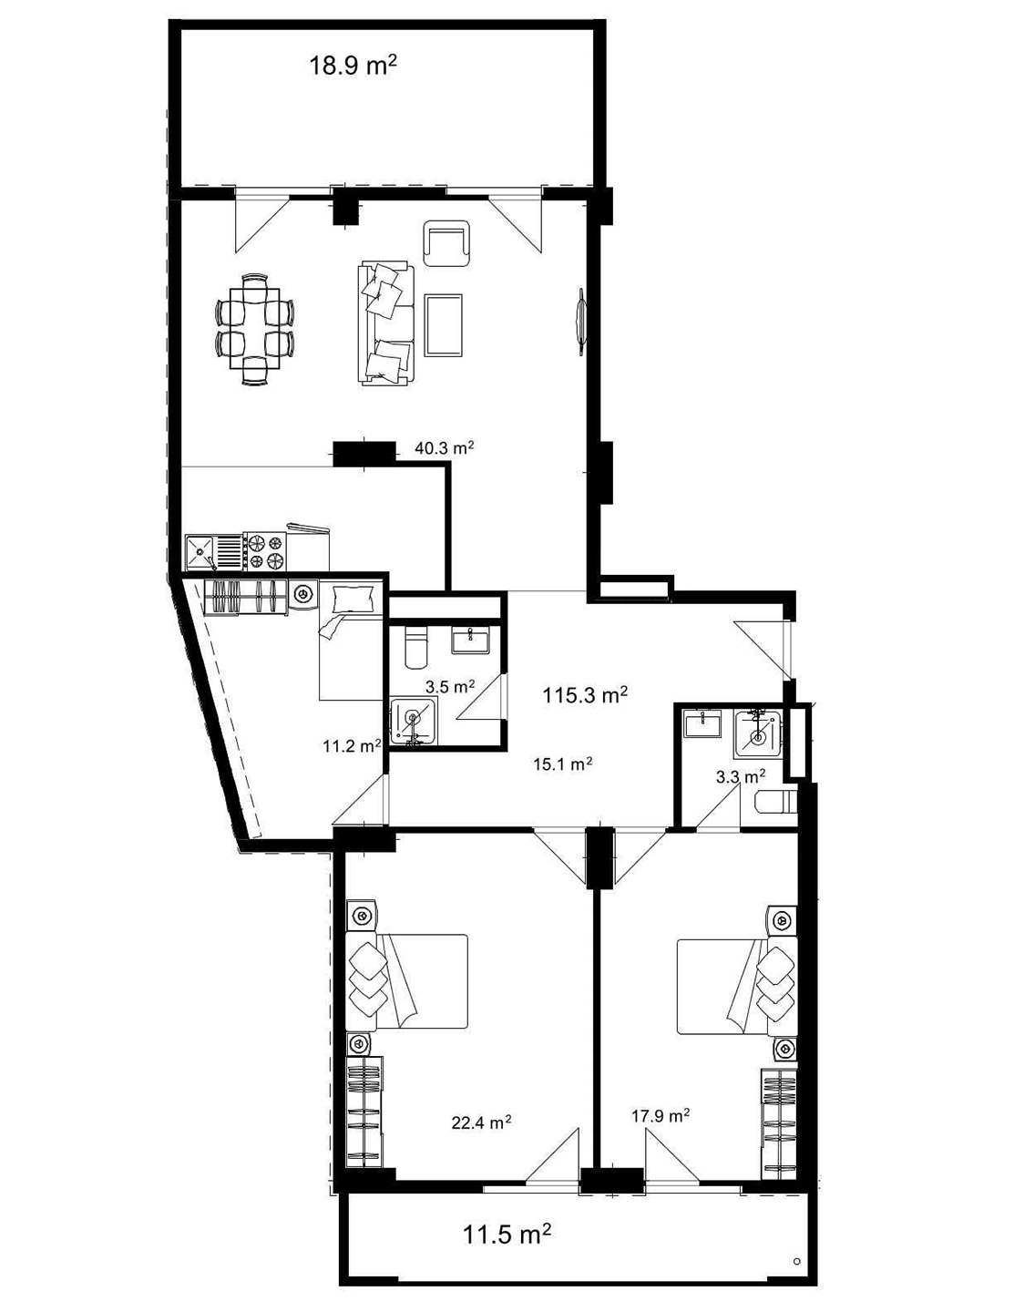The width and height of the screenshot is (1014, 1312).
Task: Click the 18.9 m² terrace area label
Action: [353, 64]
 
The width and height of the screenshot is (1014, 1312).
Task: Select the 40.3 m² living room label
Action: [444, 448]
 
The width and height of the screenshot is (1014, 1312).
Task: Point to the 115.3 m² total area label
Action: [586, 695]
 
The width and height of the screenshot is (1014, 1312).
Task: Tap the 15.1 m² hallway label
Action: [562, 764]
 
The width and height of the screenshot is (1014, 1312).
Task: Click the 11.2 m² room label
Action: [352, 746]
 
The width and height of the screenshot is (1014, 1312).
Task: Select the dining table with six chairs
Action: [254, 330]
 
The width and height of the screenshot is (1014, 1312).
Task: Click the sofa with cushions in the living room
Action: [387, 323]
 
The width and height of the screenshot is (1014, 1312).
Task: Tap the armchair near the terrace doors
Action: [446, 243]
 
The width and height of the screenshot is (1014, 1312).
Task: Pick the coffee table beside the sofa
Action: [444, 325]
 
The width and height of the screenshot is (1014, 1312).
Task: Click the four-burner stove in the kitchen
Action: [266, 550]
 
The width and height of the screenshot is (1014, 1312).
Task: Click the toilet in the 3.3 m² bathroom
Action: [776, 801]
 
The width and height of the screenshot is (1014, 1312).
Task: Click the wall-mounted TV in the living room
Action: [581, 320]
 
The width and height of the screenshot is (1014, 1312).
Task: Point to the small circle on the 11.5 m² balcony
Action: [796, 1262]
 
